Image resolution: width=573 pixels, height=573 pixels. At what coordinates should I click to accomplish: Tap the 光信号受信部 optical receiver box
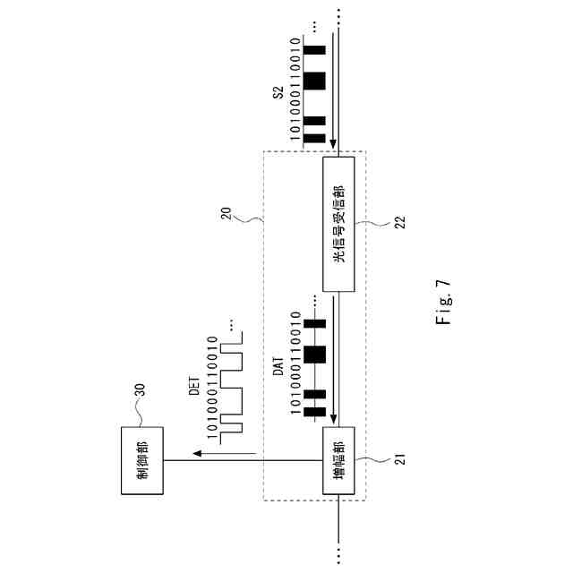click(338, 225)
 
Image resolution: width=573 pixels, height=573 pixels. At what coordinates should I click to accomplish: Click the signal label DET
click(193, 386)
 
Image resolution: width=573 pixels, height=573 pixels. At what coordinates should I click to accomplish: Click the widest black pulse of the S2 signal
click(313, 81)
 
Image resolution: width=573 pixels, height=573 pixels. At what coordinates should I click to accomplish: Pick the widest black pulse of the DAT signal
click(313, 354)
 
